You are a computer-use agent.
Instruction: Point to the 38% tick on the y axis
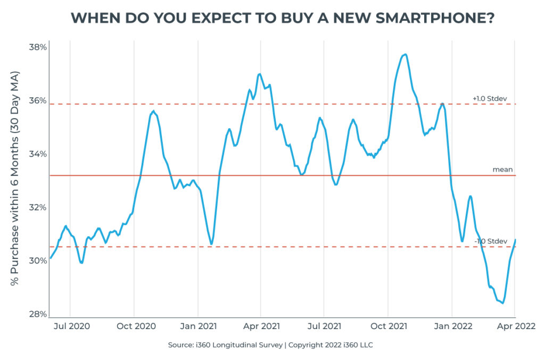pos(37,47)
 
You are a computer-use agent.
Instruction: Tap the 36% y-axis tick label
pos(37,101)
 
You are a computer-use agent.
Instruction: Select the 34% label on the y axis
pos(37,154)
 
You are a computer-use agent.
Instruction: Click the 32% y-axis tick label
pos(37,207)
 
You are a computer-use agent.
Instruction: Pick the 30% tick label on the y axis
pos(37,260)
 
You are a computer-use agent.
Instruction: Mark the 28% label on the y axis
pos(37,314)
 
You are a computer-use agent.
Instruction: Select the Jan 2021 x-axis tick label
pos(198,325)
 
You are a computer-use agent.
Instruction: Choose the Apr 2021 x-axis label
pos(261,325)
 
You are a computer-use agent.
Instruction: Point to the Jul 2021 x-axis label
pos(324,325)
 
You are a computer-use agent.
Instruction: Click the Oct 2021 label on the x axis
pos(388,325)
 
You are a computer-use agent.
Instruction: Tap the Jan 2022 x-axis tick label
pos(452,325)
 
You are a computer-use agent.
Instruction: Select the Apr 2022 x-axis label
pos(515,325)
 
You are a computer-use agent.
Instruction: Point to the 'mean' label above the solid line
pos(502,170)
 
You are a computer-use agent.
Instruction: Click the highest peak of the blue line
pos(405,54)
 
